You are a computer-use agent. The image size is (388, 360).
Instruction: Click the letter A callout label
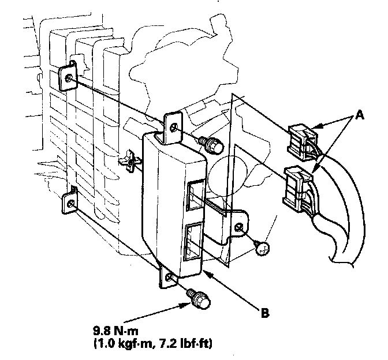[360, 115]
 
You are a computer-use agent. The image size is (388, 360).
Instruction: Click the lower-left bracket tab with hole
[70, 200]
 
